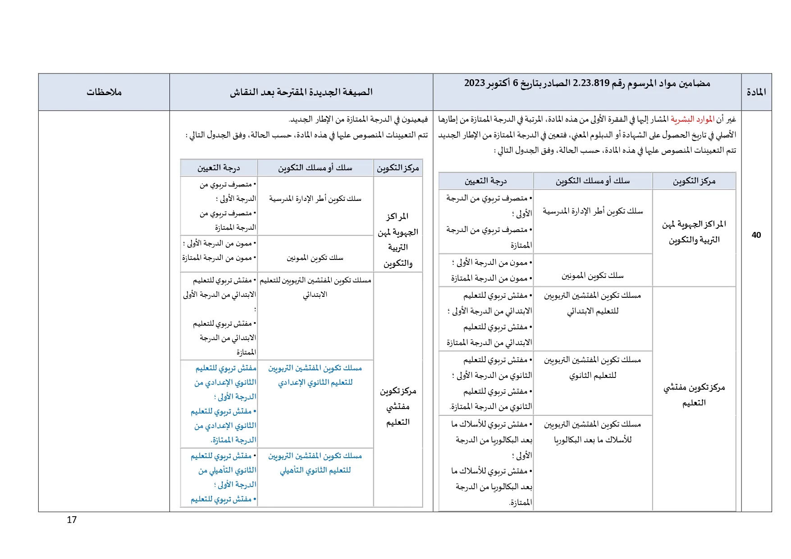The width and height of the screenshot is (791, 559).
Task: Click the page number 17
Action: (x=72, y=519)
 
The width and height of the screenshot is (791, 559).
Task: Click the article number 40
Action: (x=756, y=235)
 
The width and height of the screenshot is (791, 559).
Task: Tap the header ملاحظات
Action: (x=104, y=92)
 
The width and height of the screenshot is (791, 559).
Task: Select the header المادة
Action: (x=756, y=92)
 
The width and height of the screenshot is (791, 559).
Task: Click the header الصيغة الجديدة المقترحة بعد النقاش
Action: (x=301, y=92)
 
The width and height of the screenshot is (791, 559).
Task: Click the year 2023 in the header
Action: (x=474, y=83)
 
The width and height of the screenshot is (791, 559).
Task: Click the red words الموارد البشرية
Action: (x=692, y=119)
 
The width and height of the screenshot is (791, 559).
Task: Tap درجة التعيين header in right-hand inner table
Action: (x=485, y=181)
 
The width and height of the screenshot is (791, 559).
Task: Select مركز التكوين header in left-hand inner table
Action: (x=398, y=168)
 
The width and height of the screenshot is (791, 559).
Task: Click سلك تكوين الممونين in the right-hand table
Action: (x=592, y=275)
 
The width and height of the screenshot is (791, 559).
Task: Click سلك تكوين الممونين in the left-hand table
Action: (x=315, y=258)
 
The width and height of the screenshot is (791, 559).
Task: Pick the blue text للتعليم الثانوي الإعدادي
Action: (x=315, y=382)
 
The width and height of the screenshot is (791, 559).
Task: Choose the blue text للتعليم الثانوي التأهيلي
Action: (x=315, y=470)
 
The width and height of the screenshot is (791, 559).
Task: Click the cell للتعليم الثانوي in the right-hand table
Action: (x=592, y=375)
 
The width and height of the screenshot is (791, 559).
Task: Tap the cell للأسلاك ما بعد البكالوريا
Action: (x=592, y=440)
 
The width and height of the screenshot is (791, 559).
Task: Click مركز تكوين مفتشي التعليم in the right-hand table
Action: (x=694, y=395)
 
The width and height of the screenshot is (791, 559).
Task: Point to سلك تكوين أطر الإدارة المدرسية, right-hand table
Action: (x=592, y=211)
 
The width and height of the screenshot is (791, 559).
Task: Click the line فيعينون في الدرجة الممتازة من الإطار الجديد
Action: (x=358, y=119)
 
